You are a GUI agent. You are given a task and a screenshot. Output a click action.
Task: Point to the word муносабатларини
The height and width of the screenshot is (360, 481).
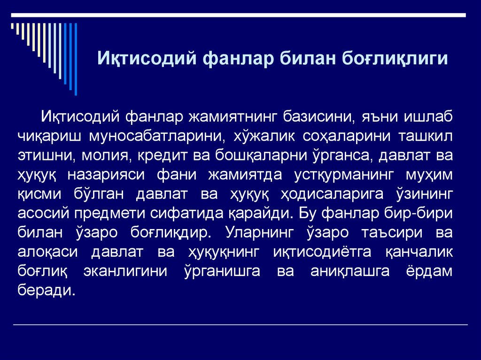click(x=156, y=136)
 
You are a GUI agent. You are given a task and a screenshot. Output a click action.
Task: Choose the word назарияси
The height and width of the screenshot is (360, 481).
click(x=106, y=174)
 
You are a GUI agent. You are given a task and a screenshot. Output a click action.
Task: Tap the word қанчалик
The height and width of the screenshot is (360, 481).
click(x=419, y=252)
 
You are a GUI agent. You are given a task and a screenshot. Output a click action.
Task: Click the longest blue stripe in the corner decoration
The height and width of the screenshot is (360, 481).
click(x=76, y=58)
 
